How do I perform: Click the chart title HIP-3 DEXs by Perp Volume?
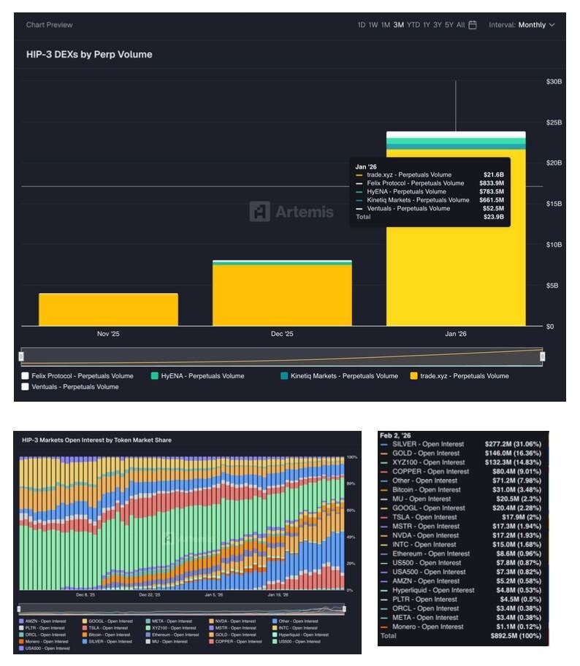89,55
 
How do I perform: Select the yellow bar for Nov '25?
108,310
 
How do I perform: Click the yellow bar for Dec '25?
282,295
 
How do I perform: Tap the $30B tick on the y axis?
554,81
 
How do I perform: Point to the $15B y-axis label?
554,204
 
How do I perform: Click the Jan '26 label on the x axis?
456,334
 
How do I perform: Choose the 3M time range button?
398,25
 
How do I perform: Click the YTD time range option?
413,25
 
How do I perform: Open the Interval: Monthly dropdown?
522,25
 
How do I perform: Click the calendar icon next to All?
473,25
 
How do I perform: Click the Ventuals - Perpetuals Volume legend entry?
75,387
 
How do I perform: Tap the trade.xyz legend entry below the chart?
464,376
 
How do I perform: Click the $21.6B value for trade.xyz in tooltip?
493,175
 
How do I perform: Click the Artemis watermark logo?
291,212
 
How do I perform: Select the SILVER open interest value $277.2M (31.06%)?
513,444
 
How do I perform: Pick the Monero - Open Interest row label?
427,627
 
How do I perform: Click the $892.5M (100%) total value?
513,636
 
